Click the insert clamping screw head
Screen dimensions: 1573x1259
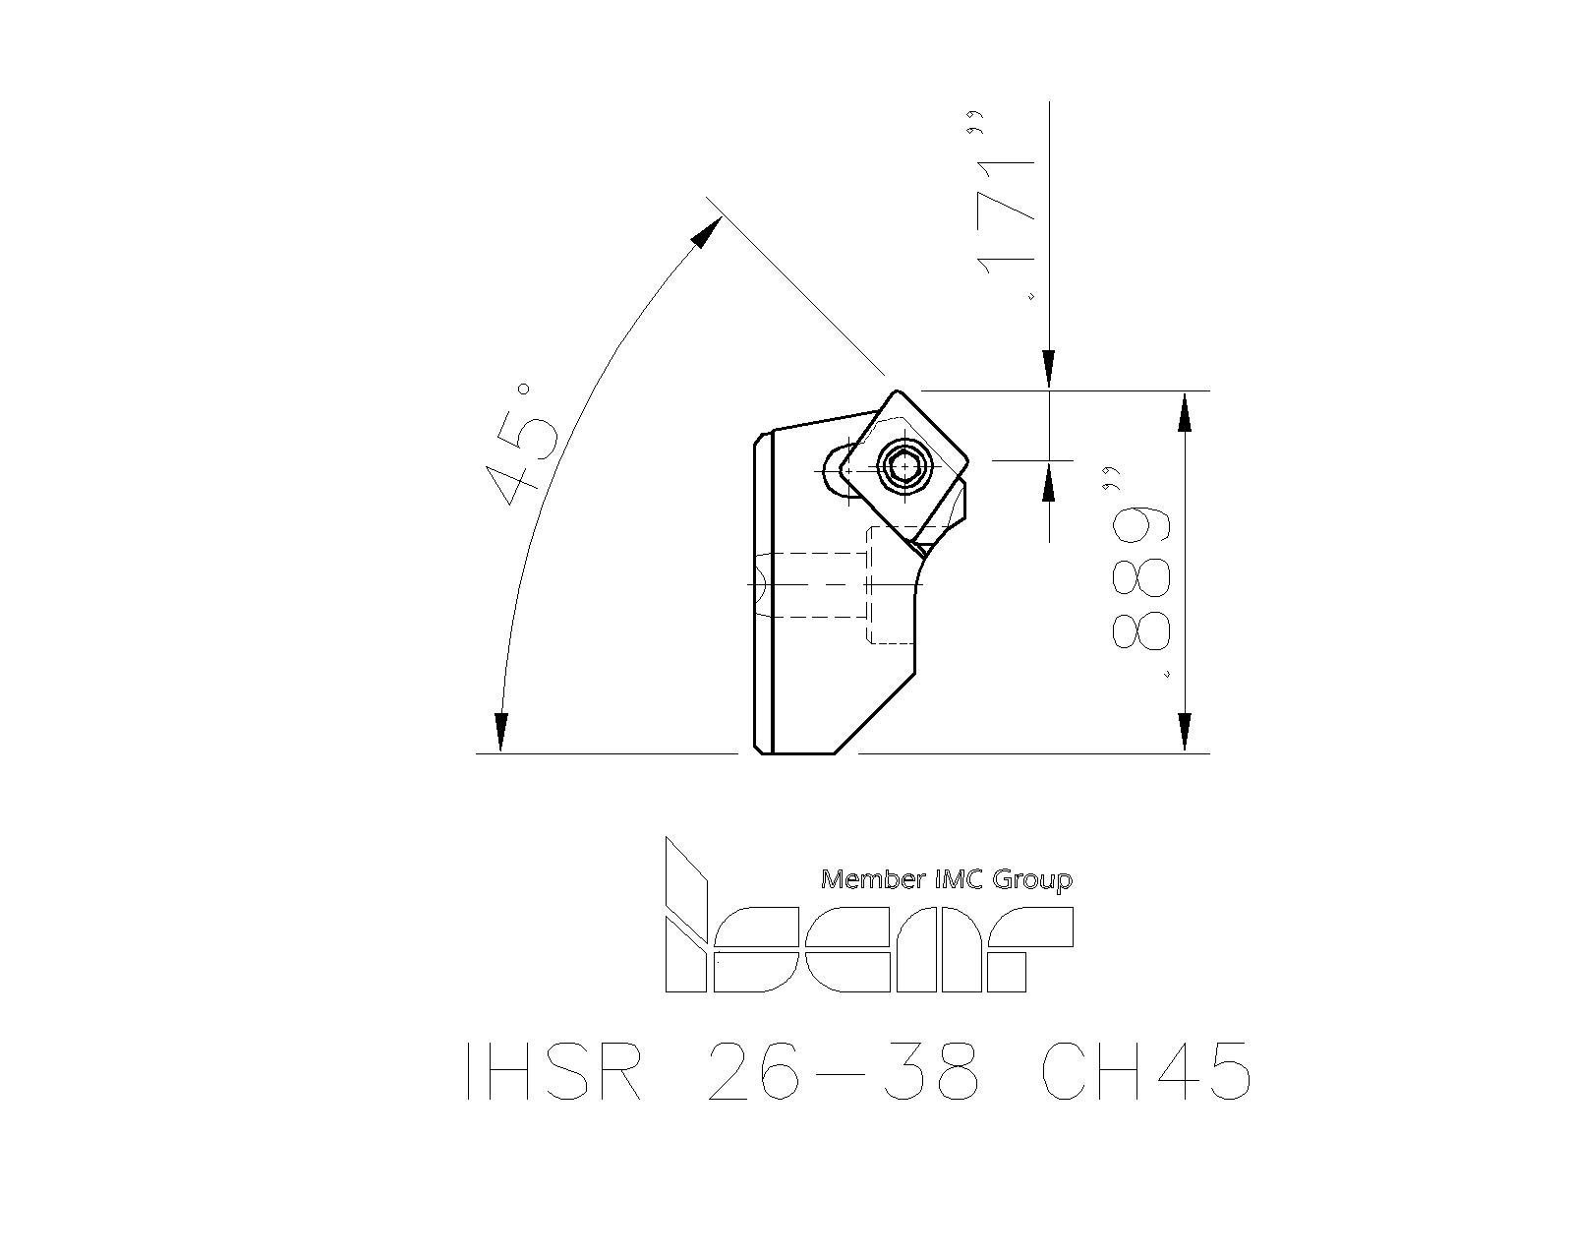[x=905, y=465]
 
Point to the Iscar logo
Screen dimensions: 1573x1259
[x=868, y=915]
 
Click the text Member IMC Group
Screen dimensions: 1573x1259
[x=947, y=879]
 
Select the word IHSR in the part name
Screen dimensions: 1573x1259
[x=554, y=1072]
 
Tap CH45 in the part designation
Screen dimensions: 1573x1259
[x=1146, y=1072]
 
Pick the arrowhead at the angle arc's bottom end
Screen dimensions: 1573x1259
[x=500, y=732]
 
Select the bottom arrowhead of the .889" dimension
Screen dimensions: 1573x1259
[x=1185, y=733]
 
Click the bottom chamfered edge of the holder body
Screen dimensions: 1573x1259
[x=874, y=712]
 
